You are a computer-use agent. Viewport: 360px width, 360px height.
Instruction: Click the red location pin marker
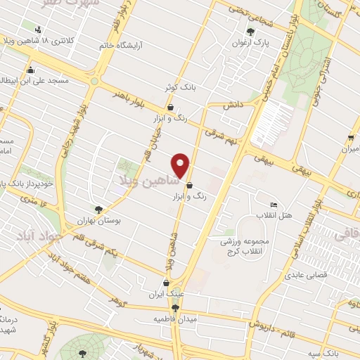181,165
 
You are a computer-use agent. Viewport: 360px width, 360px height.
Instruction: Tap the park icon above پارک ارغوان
251,31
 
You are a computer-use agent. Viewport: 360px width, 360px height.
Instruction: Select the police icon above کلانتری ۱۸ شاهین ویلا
37,29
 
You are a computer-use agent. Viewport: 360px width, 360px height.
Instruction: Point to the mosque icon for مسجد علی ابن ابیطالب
30,70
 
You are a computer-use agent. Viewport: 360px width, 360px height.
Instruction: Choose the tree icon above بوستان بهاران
99,208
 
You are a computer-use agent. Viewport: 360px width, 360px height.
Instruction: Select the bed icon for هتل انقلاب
274,205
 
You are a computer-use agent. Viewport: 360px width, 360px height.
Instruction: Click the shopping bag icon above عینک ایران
165,283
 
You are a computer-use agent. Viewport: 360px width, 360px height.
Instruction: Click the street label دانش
233,104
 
